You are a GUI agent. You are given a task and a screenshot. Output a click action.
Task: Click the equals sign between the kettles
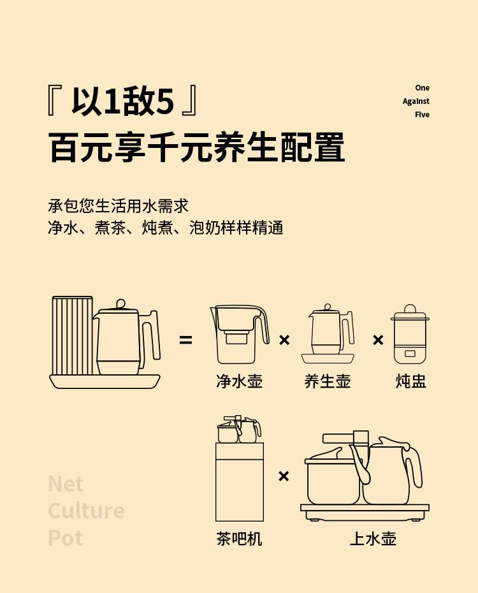click(x=185, y=340)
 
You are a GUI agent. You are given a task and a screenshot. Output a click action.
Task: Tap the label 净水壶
click(x=239, y=381)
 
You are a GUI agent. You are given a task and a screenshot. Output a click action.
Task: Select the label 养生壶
click(x=328, y=381)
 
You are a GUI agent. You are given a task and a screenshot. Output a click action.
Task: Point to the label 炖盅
click(x=410, y=381)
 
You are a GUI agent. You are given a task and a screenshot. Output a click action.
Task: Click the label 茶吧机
click(x=239, y=539)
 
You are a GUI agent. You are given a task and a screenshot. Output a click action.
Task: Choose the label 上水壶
click(x=373, y=539)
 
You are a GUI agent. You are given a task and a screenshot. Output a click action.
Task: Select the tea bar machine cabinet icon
click(x=239, y=481)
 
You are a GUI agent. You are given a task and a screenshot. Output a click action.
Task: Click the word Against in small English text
click(x=416, y=101)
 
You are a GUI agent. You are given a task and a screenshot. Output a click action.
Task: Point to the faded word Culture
click(x=86, y=511)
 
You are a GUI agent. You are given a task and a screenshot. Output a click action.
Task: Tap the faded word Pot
click(x=66, y=538)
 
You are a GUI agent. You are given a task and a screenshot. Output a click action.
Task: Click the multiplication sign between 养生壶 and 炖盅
click(x=378, y=340)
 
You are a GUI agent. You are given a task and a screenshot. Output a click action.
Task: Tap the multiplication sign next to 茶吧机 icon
click(x=284, y=476)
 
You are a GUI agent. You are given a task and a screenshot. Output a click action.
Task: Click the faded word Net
click(x=66, y=484)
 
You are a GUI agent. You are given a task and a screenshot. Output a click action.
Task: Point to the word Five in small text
click(x=422, y=115)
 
